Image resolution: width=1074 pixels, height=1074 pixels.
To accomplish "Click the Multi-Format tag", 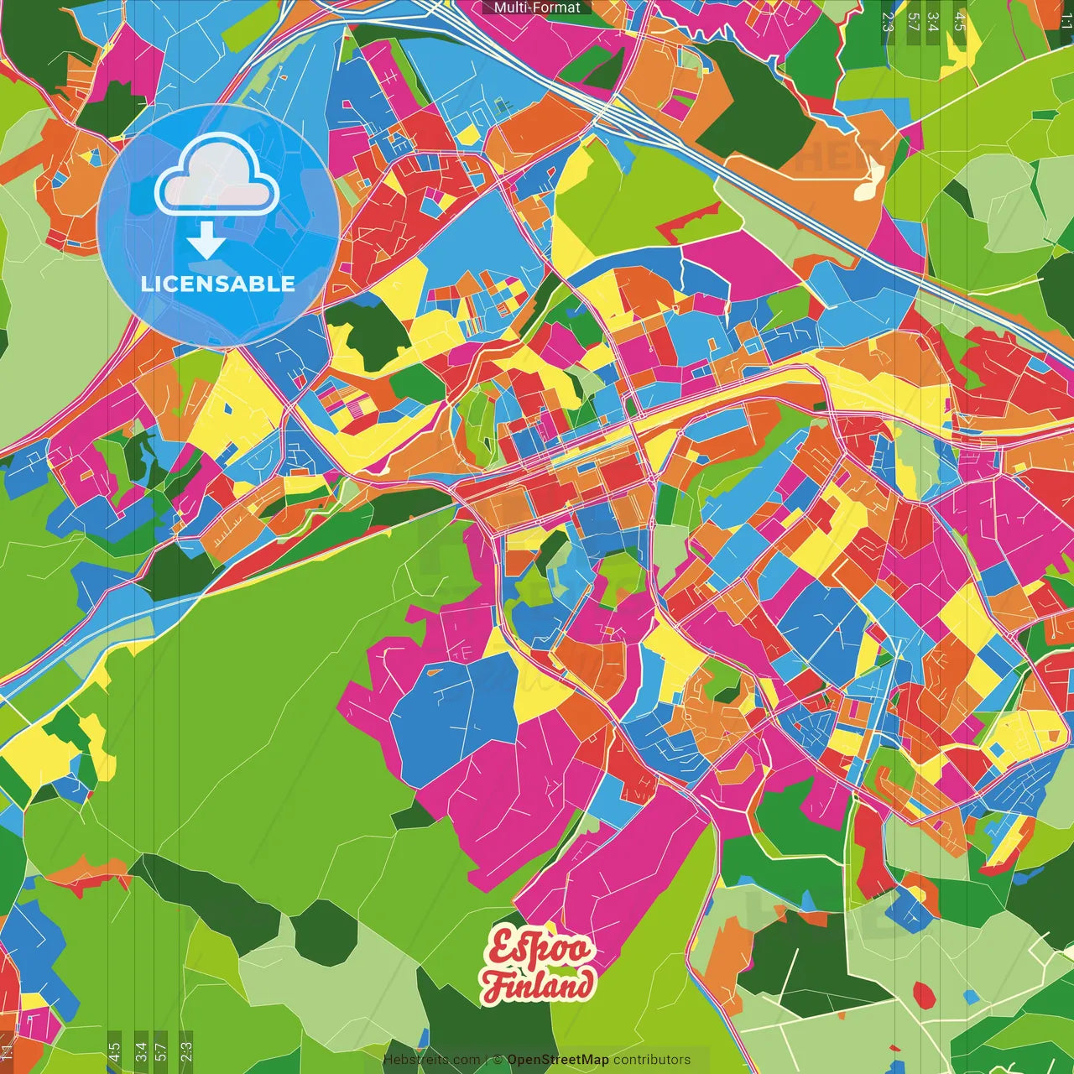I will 537,8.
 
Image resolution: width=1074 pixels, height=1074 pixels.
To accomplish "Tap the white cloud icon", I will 216,174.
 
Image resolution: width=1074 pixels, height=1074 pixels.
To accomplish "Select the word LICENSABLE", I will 218,284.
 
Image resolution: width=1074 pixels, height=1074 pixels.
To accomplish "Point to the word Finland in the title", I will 539,985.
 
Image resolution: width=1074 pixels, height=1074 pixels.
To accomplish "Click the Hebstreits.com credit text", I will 431,1060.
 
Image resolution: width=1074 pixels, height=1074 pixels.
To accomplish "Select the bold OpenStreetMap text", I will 557,1060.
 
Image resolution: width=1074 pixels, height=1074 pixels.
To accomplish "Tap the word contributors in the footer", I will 652,1060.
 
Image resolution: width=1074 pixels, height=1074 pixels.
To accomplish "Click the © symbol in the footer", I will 498,1060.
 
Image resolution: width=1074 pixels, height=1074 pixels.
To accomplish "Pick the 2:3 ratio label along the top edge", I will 888,21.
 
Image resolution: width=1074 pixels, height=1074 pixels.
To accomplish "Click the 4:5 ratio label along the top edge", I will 960,21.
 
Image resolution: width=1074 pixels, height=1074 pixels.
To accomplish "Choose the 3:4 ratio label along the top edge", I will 933,21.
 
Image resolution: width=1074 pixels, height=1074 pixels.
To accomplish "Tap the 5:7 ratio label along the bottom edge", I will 161,1051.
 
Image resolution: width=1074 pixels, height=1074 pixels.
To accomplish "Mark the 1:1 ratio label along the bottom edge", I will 7,1051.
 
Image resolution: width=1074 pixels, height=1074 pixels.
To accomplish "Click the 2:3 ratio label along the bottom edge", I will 186,1051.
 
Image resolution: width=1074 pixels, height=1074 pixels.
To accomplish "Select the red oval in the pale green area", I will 923,995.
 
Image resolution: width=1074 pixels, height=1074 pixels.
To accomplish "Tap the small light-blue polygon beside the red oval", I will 971,996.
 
